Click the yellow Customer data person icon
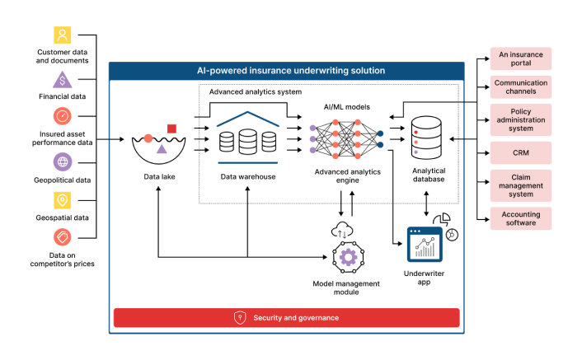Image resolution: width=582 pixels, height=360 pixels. pos(63,35)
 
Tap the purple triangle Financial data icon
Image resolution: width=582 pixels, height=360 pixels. pos(63,80)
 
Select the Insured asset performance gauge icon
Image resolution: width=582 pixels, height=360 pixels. pos(63,116)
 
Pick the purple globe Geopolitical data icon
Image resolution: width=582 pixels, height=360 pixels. pos(63,162)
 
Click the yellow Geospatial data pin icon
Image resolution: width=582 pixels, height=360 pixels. pos(63,200)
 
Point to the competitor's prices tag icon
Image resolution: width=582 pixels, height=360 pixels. pos(63,237)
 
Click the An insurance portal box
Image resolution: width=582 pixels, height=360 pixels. pos(521,58)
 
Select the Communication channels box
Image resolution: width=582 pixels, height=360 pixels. pos(521,87)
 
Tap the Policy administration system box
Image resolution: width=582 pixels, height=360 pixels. pos(521,119)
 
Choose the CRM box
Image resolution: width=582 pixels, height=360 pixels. pos(521,152)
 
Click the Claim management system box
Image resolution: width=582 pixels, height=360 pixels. pos(521,185)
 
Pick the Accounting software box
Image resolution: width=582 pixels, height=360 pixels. pos(521,218)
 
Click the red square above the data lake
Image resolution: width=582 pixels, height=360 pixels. pos(171,129)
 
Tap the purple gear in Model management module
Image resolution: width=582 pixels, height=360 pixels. pos(348,257)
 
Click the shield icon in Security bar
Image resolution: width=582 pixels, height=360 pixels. pos(240,318)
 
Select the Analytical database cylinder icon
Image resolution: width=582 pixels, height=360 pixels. pos(426,138)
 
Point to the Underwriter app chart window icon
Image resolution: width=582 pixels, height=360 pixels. pos(425,245)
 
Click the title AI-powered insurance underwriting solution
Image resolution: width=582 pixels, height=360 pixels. pos(291,71)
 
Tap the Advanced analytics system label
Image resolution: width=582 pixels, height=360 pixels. pos(256,92)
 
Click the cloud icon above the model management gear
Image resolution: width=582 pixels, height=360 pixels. pos(342,230)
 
